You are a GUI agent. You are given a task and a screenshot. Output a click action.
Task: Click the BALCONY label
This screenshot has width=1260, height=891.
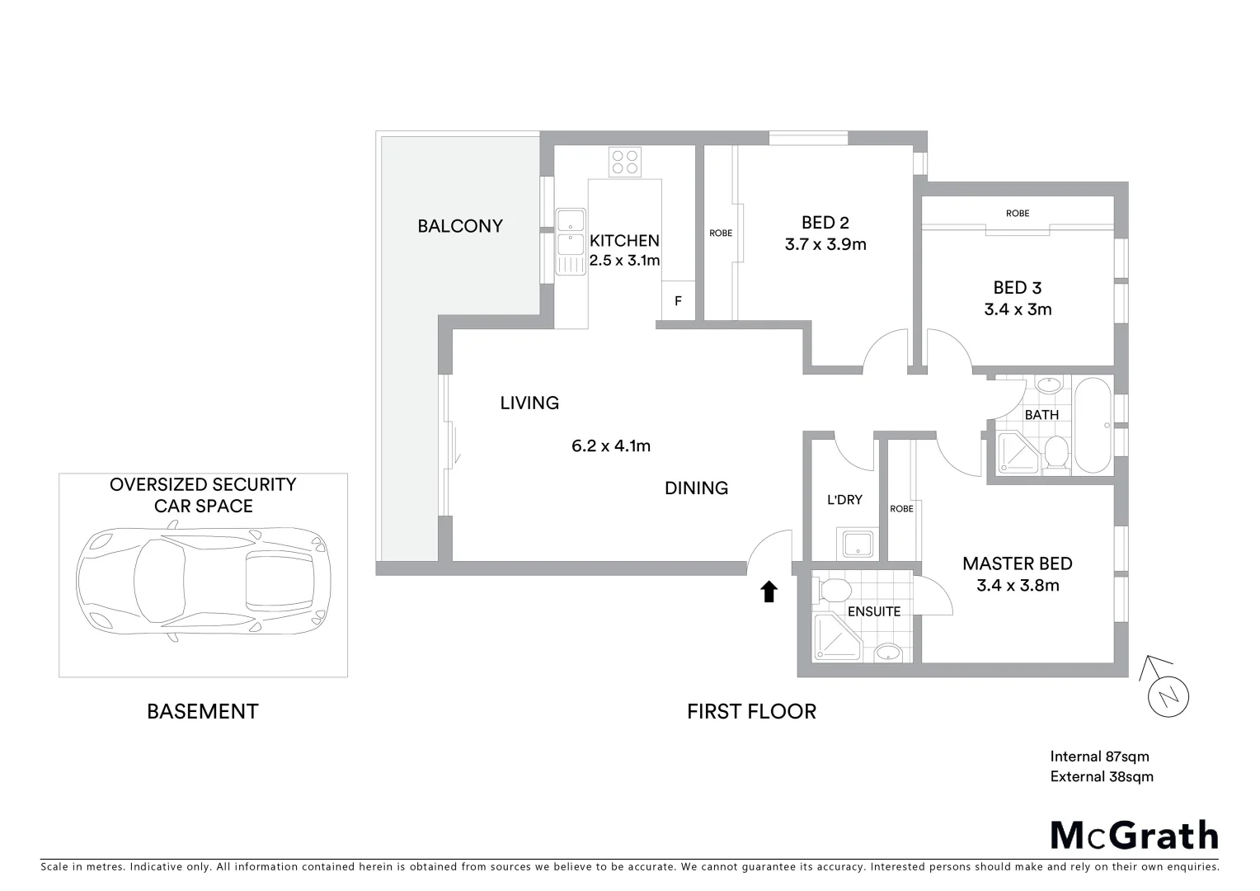(x=459, y=226)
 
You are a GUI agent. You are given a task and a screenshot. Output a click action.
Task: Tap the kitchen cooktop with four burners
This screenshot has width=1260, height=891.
(x=624, y=162)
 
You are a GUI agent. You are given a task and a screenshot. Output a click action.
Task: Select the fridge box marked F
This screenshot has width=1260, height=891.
(x=678, y=301)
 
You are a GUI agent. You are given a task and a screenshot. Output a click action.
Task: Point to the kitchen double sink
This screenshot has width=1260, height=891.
(x=570, y=241)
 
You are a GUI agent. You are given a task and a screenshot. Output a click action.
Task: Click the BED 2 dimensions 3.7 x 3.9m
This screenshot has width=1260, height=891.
(x=825, y=244)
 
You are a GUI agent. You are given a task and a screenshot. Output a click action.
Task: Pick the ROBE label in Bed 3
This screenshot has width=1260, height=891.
(x=1018, y=214)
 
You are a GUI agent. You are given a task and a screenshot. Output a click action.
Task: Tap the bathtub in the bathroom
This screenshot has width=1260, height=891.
(x=1093, y=426)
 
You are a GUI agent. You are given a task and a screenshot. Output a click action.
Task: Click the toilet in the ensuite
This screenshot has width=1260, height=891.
(x=834, y=591)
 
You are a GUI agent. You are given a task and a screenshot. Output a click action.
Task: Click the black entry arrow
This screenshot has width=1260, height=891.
(x=769, y=591)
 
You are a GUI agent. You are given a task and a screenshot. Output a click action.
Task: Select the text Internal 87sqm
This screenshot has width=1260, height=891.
(x=1099, y=756)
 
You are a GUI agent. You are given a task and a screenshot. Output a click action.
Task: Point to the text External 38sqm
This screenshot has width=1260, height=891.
(x=1102, y=776)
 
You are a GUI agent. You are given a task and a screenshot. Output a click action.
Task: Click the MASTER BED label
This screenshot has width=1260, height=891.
(x=1018, y=563)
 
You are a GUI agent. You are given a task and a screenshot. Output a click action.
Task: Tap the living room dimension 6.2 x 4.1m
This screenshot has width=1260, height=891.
(x=611, y=446)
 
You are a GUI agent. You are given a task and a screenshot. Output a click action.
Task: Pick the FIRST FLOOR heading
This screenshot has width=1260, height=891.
(x=751, y=711)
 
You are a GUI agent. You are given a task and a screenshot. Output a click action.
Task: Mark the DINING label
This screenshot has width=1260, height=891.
(x=696, y=488)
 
